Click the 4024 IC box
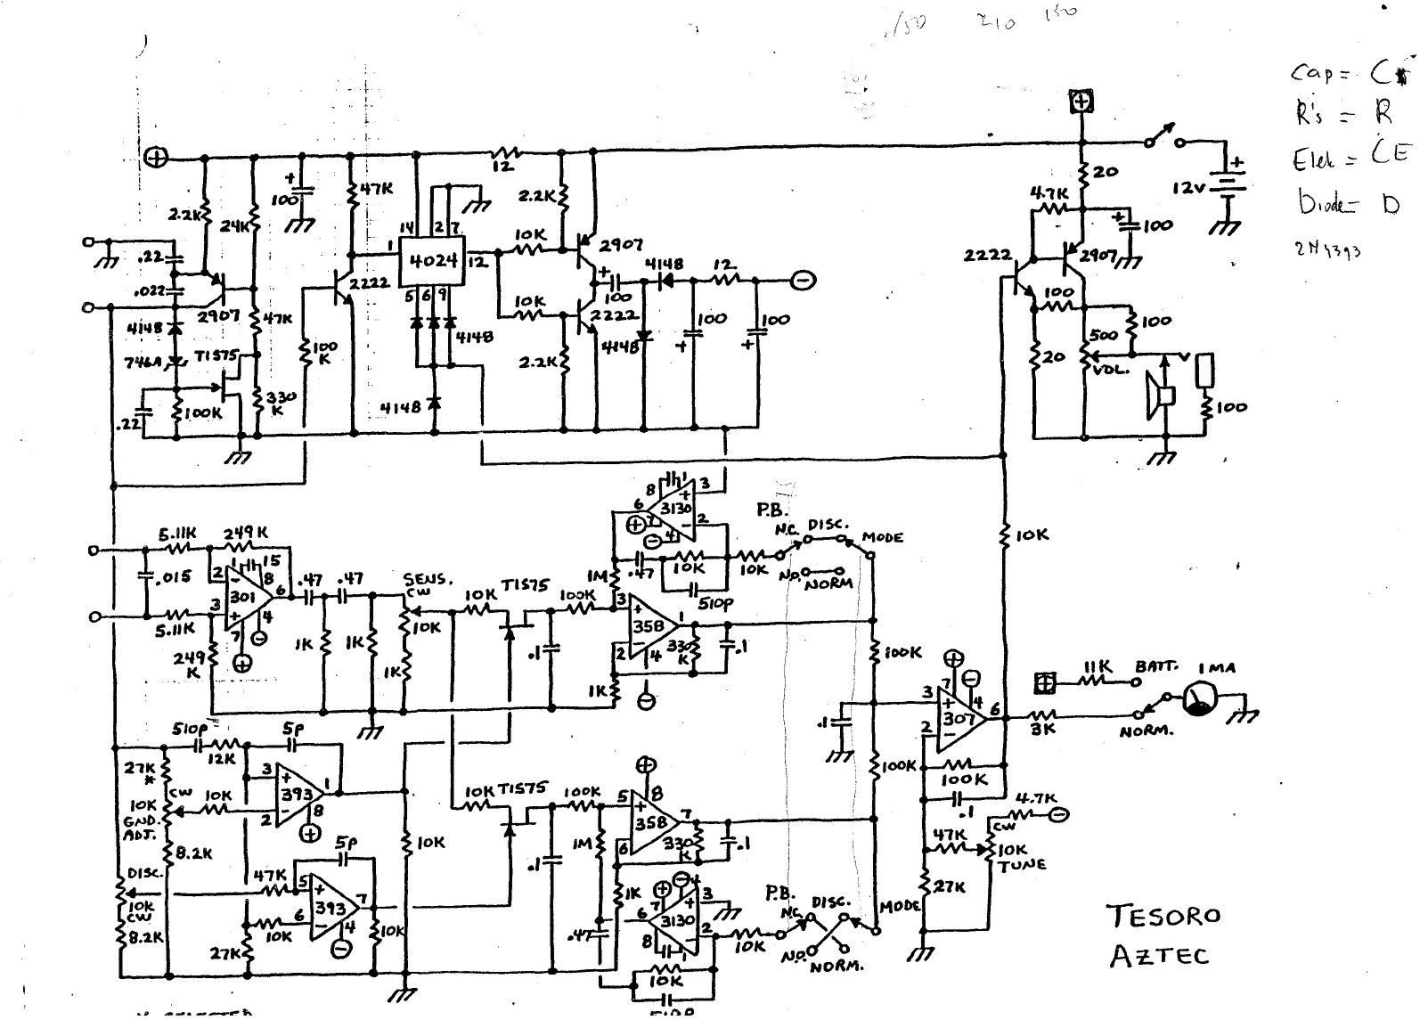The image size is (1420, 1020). pyautogui.click(x=431, y=262)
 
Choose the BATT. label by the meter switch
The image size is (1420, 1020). pyautogui.click(x=1155, y=666)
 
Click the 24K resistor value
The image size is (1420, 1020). pyautogui.click(x=232, y=227)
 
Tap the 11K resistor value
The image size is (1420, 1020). pyautogui.click(x=1099, y=667)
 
